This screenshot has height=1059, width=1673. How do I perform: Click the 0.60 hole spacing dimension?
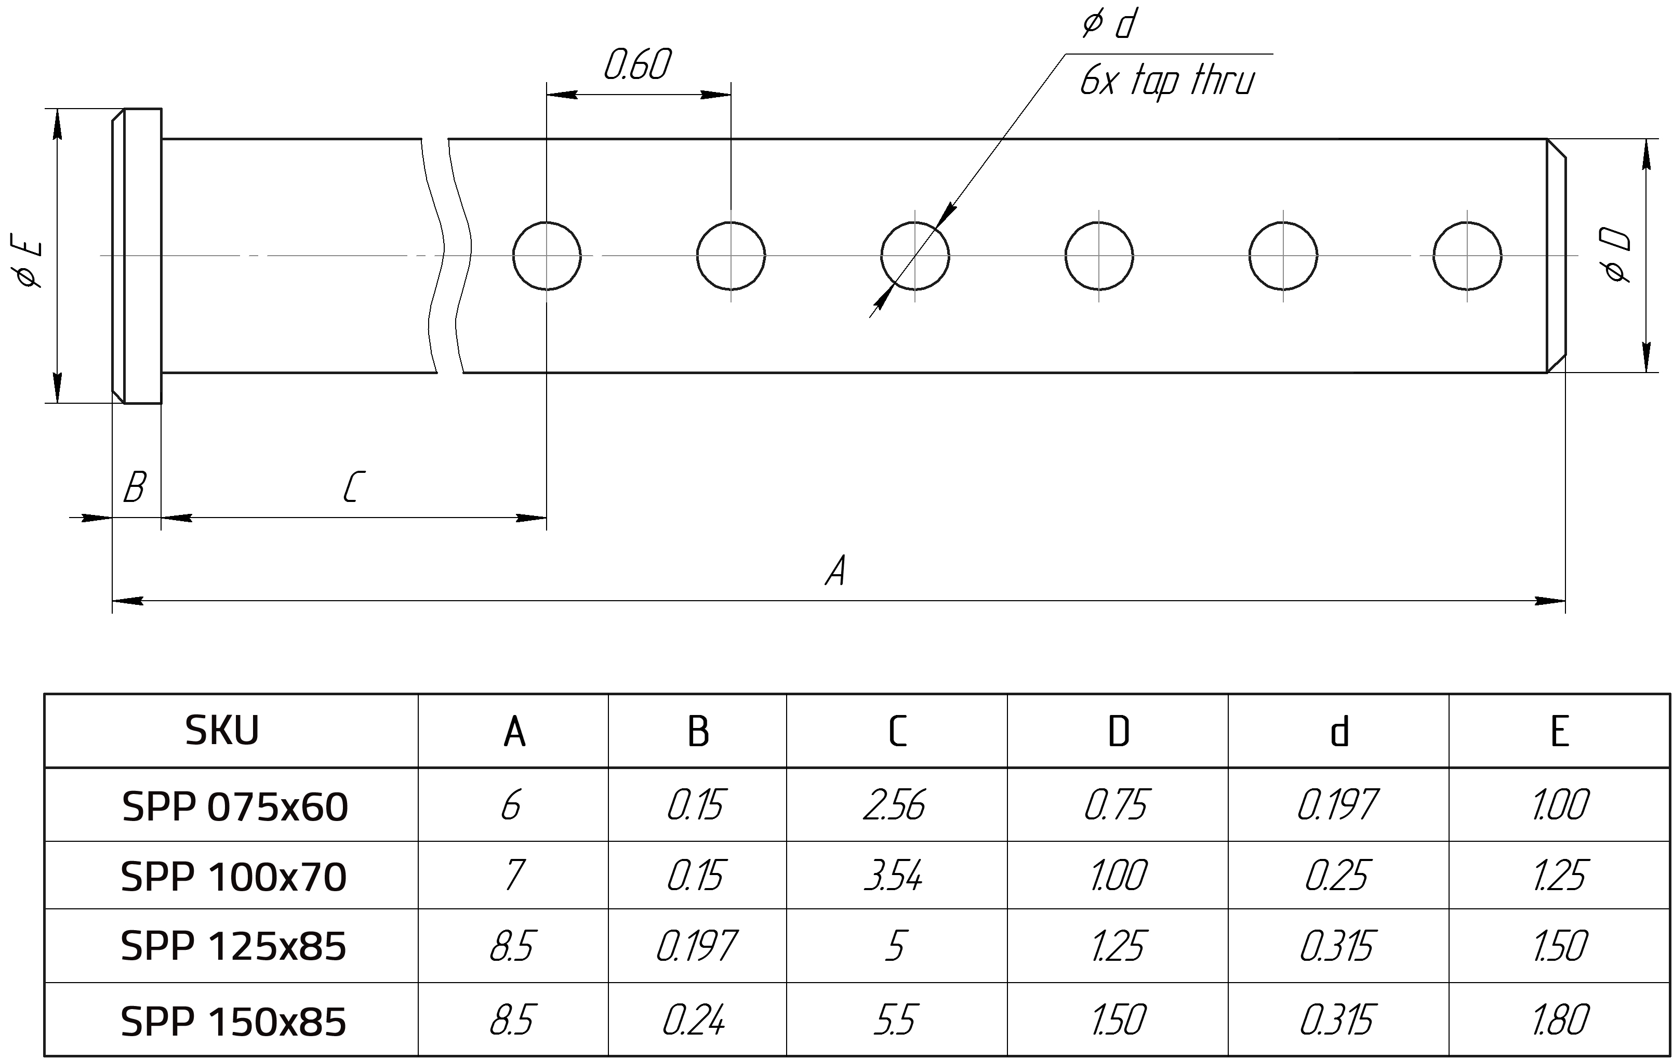coord(637,66)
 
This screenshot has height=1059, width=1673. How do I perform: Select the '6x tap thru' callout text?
coord(1167,81)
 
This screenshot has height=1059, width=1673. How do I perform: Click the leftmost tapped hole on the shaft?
coord(547,255)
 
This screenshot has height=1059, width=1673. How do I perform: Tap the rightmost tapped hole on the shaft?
coord(1467,255)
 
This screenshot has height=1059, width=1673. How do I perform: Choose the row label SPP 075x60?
coord(235,807)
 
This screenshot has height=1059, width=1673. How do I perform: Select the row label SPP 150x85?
coord(233,1022)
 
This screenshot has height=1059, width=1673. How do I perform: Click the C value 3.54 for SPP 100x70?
coord(894,876)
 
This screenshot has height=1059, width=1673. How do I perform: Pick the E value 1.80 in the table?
coord(1560,1021)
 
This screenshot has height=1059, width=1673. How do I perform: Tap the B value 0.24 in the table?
coord(694,1021)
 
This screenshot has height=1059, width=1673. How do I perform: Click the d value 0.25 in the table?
coord(1337,876)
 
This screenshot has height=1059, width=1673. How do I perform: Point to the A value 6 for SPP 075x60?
coord(511,806)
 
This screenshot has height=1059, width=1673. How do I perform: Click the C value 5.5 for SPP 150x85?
coord(895,1021)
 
